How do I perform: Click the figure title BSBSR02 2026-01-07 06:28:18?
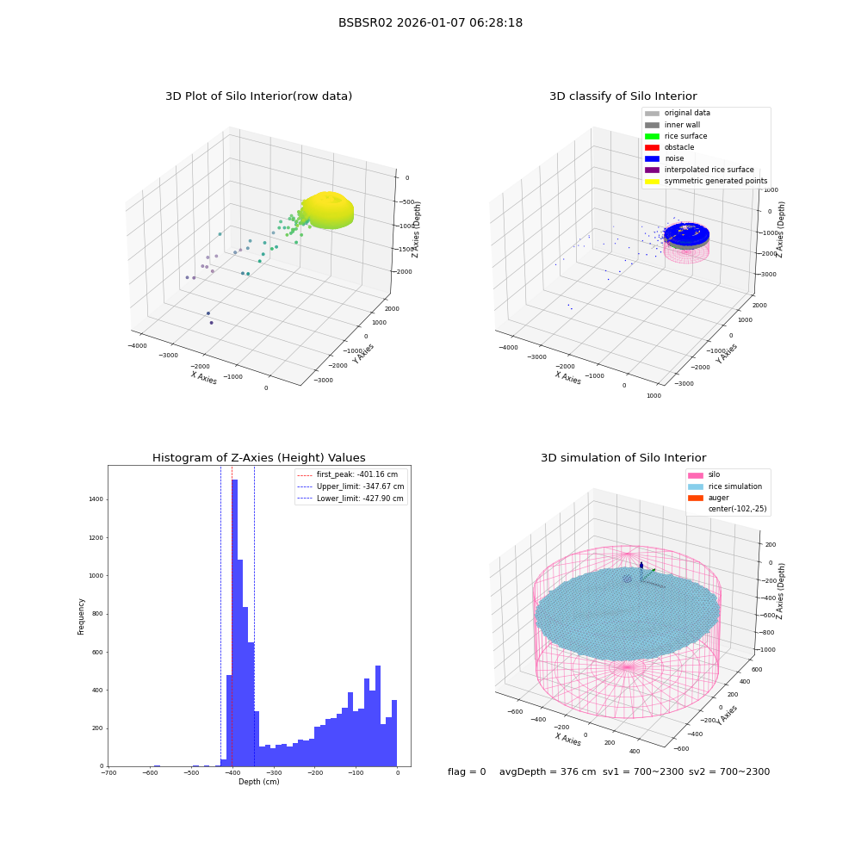(x=430, y=22)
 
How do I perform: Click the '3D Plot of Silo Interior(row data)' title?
(x=258, y=96)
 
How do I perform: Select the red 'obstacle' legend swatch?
(x=652, y=147)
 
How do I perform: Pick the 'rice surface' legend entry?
(x=676, y=136)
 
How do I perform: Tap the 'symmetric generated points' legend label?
(x=715, y=181)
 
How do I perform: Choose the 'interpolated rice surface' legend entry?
(x=699, y=170)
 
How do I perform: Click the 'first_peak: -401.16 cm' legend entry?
(x=348, y=474)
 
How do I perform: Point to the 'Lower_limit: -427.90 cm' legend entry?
(x=350, y=499)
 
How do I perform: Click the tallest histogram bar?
(x=234, y=623)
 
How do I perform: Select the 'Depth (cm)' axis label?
(x=258, y=782)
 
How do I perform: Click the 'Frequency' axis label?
(x=81, y=616)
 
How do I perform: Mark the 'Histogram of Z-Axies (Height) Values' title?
(x=258, y=458)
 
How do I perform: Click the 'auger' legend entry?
(x=709, y=498)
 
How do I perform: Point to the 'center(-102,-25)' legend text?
(x=738, y=509)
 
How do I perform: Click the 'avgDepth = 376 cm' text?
(x=548, y=771)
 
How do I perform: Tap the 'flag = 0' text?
(x=467, y=771)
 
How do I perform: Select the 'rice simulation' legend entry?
(x=725, y=486)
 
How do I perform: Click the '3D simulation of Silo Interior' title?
(x=623, y=458)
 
